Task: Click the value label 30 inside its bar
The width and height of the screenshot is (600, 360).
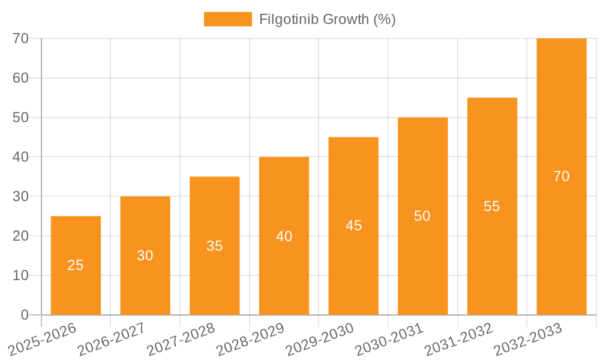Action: pyautogui.click(x=145, y=256)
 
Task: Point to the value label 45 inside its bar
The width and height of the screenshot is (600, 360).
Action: pyautogui.click(x=353, y=226)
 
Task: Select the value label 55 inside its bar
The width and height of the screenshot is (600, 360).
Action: pyautogui.click(x=492, y=206)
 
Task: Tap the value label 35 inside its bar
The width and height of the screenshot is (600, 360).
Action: pyautogui.click(x=214, y=246)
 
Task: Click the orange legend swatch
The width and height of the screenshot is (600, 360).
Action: pyautogui.click(x=227, y=19)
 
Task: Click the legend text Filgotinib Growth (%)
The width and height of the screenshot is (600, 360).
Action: pyautogui.click(x=327, y=19)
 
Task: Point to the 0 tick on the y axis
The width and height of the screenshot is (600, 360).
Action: pyautogui.click(x=25, y=315)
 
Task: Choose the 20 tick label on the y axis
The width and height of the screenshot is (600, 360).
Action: pyautogui.click(x=20, y=236)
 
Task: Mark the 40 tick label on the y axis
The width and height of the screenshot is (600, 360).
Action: pyautogui.click(x=20, y=157)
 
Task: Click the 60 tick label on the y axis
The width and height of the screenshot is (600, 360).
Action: pyautogui.click(x=20, y=78)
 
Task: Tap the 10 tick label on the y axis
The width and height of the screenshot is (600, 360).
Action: pyautogui.click(x=20, y=275)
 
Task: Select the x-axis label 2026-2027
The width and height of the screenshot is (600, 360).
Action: pyautogui.click(x=112, y=340)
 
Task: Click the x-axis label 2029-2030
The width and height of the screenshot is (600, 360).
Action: pyautogui.click(x=320, y=340)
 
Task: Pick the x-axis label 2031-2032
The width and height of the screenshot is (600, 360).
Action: pyautogui.click(x=459, y=340)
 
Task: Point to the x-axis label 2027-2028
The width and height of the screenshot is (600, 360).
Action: pyautogui.click(x=181, y=340)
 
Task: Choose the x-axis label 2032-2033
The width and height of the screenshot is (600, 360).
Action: pyautogui.click(x=528, y=340)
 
